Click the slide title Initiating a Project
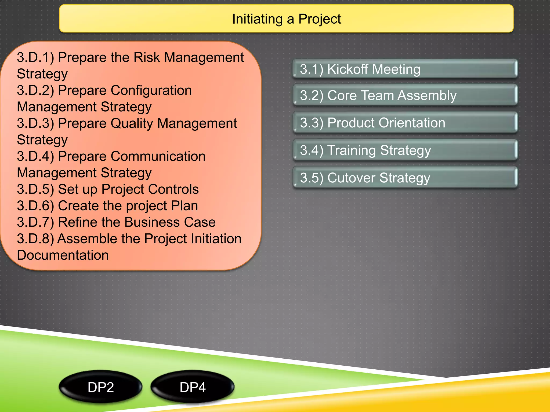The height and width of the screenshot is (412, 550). tap(286, 19)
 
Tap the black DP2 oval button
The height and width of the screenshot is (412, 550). tap(101, 387)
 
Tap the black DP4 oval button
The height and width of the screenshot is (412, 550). tap(193, 387)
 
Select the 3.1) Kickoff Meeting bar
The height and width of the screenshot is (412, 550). tap(405, 69)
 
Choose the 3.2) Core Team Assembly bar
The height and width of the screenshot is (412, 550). tap(405, 95)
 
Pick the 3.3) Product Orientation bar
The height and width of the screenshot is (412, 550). tap(405, 123)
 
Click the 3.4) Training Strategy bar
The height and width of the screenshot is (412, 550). tap(405, 150)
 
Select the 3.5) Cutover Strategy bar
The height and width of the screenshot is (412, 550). tap(405, 178)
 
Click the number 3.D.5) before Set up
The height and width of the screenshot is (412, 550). tap(35, 189)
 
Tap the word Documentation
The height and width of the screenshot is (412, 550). tap(63, 255)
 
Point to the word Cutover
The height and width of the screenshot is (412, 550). tap(351, 178)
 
